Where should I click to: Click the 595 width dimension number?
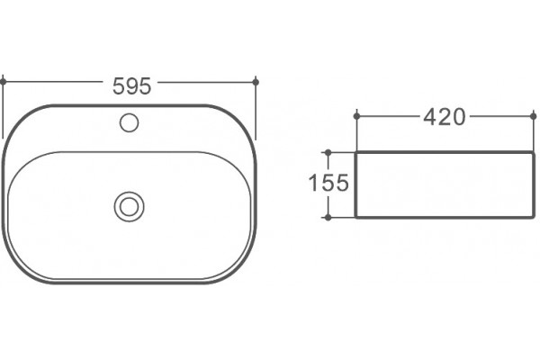pos(132,86)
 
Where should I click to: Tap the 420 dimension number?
pos(445,117)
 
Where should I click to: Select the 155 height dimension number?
pos(328,183)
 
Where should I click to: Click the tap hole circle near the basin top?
pos(129,122)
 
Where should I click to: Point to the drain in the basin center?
pos(129,206)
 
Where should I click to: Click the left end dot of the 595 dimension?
pos(3,82)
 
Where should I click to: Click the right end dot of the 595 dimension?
pos(256,82)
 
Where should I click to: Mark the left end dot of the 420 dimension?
pos(356,116)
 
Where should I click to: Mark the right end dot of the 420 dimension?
pos(534,116)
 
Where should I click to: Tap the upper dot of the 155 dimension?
pos(328,152)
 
